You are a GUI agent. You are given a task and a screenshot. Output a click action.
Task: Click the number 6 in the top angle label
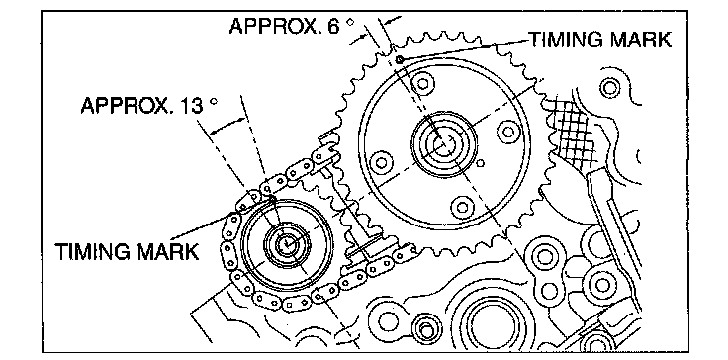(x=333, y=27)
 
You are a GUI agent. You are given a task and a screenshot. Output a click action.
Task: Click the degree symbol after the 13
(x=214, y=101)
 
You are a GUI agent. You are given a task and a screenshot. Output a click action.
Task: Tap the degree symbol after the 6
(x=351, y=22)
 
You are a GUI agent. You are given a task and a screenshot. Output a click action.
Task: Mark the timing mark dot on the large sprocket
(x=400, y=58)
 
